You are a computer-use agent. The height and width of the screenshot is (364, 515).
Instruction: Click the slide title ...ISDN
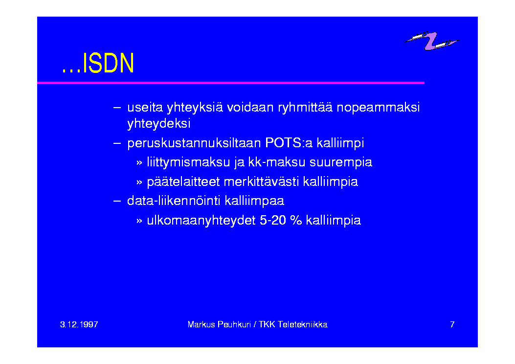(x=98, y=63)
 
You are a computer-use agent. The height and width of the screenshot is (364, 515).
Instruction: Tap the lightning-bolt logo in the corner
(x=431, y=41)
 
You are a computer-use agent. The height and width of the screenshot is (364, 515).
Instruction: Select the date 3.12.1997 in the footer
(x=79, y=324)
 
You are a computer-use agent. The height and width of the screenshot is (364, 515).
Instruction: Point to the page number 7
(x=452, y=324)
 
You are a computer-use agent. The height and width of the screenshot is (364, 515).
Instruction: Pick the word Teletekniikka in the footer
(x=303, y=324)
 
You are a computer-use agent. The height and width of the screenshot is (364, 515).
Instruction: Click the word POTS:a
(x=289, y=143)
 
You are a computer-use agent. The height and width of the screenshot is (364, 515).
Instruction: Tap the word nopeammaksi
(x=378, y=108)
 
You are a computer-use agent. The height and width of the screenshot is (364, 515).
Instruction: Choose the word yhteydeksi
(x=159, y=124)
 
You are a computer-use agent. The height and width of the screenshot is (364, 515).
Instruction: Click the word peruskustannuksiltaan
(x=194, y=143)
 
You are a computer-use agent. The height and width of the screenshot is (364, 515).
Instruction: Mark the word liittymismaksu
(x=188, y=162)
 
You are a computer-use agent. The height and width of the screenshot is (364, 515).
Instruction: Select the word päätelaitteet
(x=183, y=182)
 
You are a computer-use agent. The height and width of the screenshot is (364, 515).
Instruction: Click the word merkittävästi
(x=261, y=182)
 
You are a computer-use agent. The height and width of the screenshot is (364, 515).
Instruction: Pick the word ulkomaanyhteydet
(x=201, y=221)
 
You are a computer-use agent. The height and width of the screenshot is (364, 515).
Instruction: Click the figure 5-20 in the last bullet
(x=273, y=220)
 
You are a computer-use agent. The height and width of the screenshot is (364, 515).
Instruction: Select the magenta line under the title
(x=231, y=83)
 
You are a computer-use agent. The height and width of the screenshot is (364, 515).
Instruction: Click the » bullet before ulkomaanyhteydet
(x=139, y=221)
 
